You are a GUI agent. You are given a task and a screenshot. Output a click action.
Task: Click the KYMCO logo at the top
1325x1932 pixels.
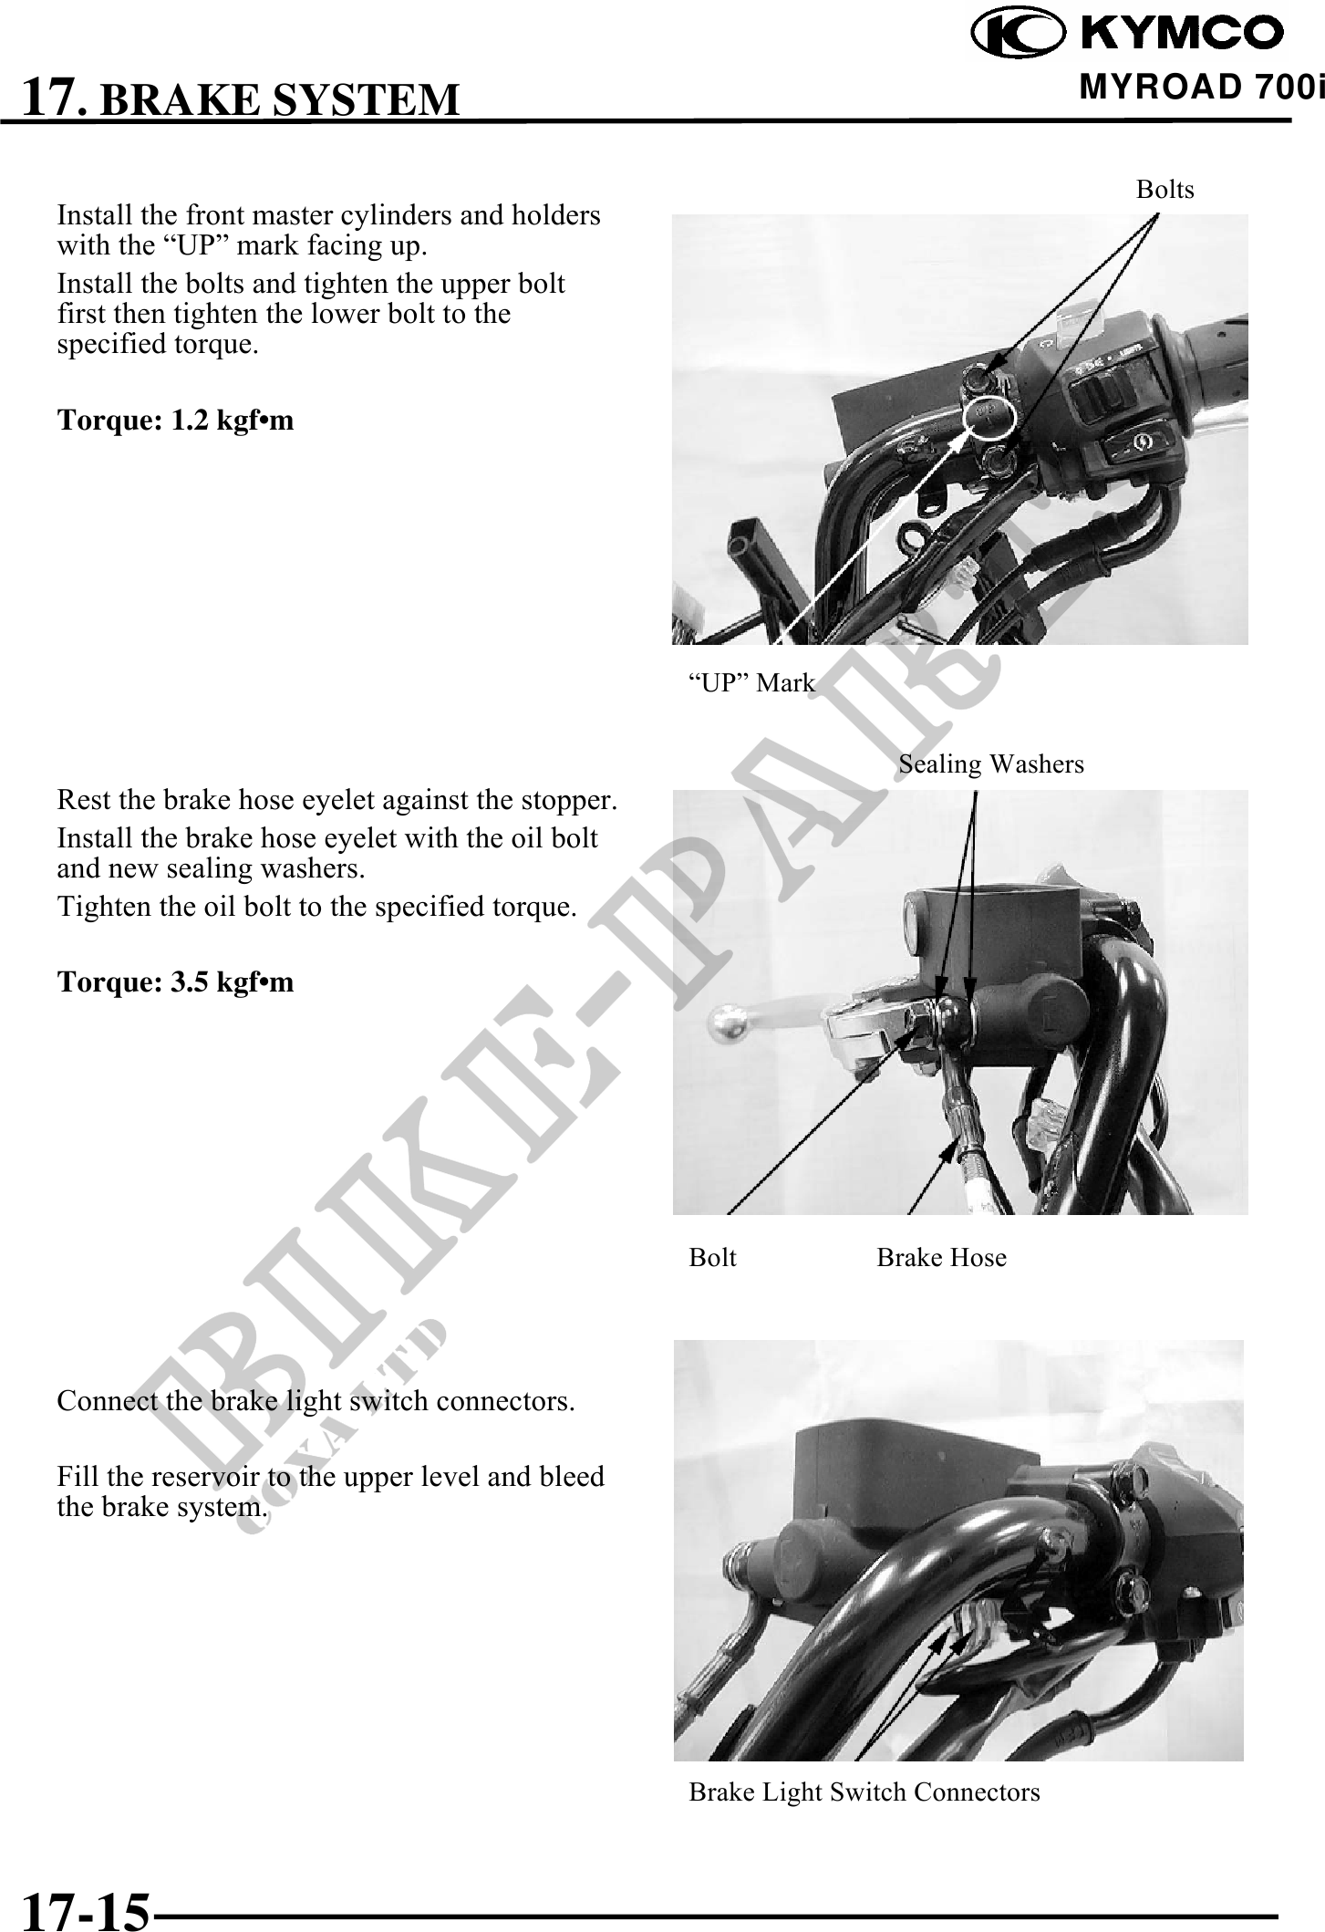pos(1127,34)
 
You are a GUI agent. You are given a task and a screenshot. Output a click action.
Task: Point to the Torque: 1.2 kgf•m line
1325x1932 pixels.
pos(176,421)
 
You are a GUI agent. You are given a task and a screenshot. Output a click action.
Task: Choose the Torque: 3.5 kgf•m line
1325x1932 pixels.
pos(176,982)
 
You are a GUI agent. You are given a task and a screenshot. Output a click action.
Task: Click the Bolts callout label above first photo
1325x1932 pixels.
pos(1165,190)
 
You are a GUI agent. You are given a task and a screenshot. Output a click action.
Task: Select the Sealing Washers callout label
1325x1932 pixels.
pos(991,763)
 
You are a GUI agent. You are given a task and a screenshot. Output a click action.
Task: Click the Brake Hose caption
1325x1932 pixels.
pos(942,1258)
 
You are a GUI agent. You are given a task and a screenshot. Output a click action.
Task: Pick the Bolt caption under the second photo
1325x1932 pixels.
pos(712,1258)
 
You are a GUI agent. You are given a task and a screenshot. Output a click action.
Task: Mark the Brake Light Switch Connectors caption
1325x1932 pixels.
pos(864,1792)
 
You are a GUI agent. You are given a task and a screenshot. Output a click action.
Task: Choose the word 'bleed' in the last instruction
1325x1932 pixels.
pos(572,1476)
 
